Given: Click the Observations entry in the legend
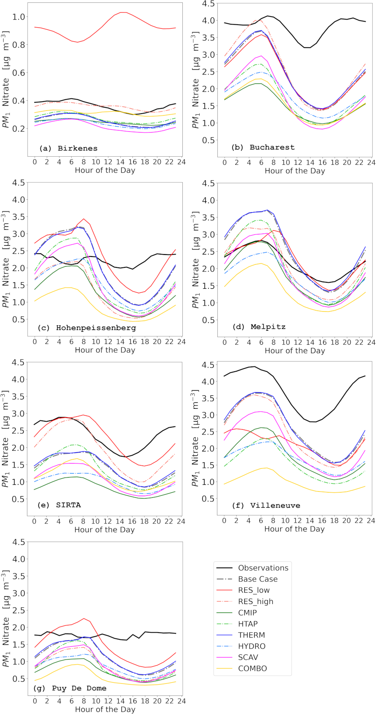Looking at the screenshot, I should pos(263,568).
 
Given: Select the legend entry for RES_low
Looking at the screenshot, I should pos(254,590).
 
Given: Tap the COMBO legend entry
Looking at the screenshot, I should pos(252,668).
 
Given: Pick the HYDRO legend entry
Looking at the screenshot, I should pos(252,646).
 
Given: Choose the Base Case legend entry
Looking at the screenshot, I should pos(258,579).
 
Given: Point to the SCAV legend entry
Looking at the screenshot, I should pos(248,657).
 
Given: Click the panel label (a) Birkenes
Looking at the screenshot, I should pos(68,148).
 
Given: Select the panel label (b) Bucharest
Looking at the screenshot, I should pos(263,147).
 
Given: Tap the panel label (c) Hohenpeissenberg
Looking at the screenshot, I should pos(87,328).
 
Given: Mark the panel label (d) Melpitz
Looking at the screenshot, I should pos(259,327).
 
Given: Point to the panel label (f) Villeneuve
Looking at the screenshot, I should pos(266,505).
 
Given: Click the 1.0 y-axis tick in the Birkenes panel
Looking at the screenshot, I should pos(19,17).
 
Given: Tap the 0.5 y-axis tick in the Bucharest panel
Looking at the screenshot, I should pos(209,141).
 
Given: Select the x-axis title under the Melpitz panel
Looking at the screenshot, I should pos(295,351).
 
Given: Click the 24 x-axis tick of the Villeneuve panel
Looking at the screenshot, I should pos(371,520).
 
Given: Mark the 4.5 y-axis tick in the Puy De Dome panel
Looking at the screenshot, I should pos(19,542).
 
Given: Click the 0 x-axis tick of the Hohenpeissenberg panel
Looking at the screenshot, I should pos(35,341).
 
